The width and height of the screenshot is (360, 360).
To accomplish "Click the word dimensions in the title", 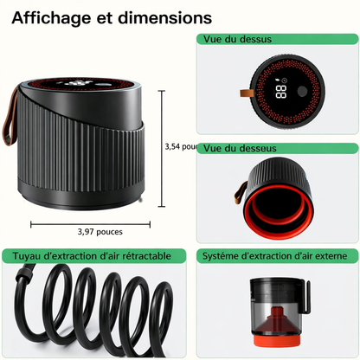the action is [165, 17].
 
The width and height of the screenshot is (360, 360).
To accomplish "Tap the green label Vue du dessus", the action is [237, 39].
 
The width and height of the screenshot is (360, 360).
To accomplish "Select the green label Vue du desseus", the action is [240, 148].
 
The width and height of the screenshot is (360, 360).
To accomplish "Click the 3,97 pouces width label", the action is [100, 232].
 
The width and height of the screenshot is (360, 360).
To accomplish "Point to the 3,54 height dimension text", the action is [172, 146].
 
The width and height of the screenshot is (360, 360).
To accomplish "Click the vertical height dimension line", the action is [162, 149].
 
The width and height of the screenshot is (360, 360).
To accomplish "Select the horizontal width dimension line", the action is [90, 224].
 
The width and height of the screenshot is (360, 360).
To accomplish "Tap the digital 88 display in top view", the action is [281, 92].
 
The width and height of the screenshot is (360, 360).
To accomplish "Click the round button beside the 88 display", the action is [302, 91].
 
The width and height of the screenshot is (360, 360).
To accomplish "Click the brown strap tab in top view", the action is [247, 93].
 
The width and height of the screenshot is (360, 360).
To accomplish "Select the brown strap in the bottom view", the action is [241, 192].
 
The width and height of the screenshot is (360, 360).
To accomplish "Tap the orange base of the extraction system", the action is [277, 340].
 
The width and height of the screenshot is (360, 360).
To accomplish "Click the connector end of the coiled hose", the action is [23, 276].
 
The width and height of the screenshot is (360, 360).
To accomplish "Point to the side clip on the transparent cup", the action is [306, 297].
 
